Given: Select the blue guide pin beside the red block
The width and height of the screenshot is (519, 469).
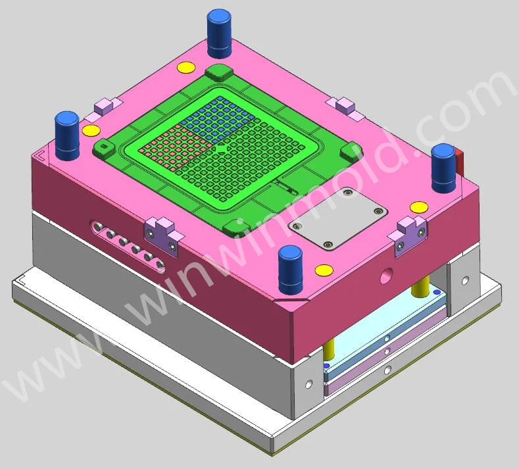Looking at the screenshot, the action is pos(443,168).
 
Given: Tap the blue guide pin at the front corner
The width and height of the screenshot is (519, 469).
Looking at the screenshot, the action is pos(291,270).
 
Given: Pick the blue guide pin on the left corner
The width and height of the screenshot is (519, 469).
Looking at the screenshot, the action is pos(67,136).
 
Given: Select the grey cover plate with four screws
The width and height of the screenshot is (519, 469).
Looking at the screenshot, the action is pos(338,218).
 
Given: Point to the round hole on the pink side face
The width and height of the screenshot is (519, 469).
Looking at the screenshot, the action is pos(386,276).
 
